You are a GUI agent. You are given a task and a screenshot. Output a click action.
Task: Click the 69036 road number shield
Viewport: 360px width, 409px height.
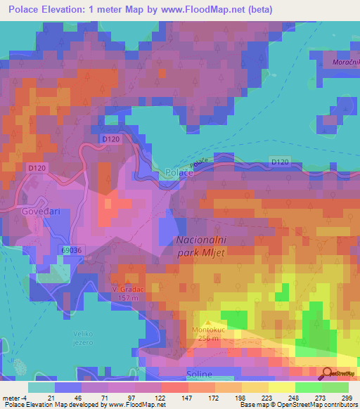72,249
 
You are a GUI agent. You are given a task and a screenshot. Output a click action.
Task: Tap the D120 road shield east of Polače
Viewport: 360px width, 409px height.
279,162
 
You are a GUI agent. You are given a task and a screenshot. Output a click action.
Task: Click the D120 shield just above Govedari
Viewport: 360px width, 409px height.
37,168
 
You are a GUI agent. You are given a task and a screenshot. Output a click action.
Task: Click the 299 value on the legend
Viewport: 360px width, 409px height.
347,398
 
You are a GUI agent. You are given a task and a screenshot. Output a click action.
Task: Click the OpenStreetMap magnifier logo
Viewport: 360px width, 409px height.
327,375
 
